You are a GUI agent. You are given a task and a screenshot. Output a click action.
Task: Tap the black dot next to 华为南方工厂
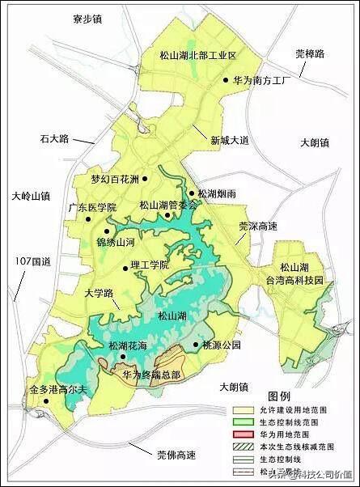(226, 81)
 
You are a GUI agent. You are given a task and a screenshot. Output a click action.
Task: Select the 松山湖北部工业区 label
(198, 56)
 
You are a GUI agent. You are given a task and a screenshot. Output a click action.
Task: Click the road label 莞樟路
(309, 54)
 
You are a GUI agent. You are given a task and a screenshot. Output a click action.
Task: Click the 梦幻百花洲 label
(115, 179)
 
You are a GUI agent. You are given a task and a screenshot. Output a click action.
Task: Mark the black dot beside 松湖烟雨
(190, 193)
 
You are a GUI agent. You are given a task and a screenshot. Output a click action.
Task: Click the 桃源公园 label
(222, 345)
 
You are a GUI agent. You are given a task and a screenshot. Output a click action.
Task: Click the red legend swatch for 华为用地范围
(241, 433)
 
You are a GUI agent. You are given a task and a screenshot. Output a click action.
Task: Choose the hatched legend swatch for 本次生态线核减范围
(241, 445)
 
